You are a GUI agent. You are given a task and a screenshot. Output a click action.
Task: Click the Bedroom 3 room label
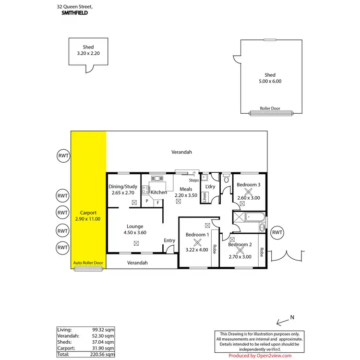coord(249,185)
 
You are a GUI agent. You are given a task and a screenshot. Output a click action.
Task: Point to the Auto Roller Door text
coord(88,263)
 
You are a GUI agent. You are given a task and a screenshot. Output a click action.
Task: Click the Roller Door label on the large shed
coord(270,108)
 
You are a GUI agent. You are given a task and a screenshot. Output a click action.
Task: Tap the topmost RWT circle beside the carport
coord(62,156)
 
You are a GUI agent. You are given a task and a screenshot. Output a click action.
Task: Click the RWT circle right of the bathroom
coord(277,233)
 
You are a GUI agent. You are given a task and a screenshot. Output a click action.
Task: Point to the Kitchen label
coord(158,192)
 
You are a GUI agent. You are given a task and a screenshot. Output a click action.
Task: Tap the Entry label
coord(169,240)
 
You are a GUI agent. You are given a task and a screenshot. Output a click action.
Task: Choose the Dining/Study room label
coord(123,186)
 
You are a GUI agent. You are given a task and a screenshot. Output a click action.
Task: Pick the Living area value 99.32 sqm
coord(103,330)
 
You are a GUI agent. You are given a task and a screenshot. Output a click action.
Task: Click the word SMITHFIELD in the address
coord(74,13)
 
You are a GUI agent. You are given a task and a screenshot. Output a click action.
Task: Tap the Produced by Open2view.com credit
coord(260,356)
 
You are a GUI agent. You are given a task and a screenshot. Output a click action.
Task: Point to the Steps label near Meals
coord(194,180)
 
